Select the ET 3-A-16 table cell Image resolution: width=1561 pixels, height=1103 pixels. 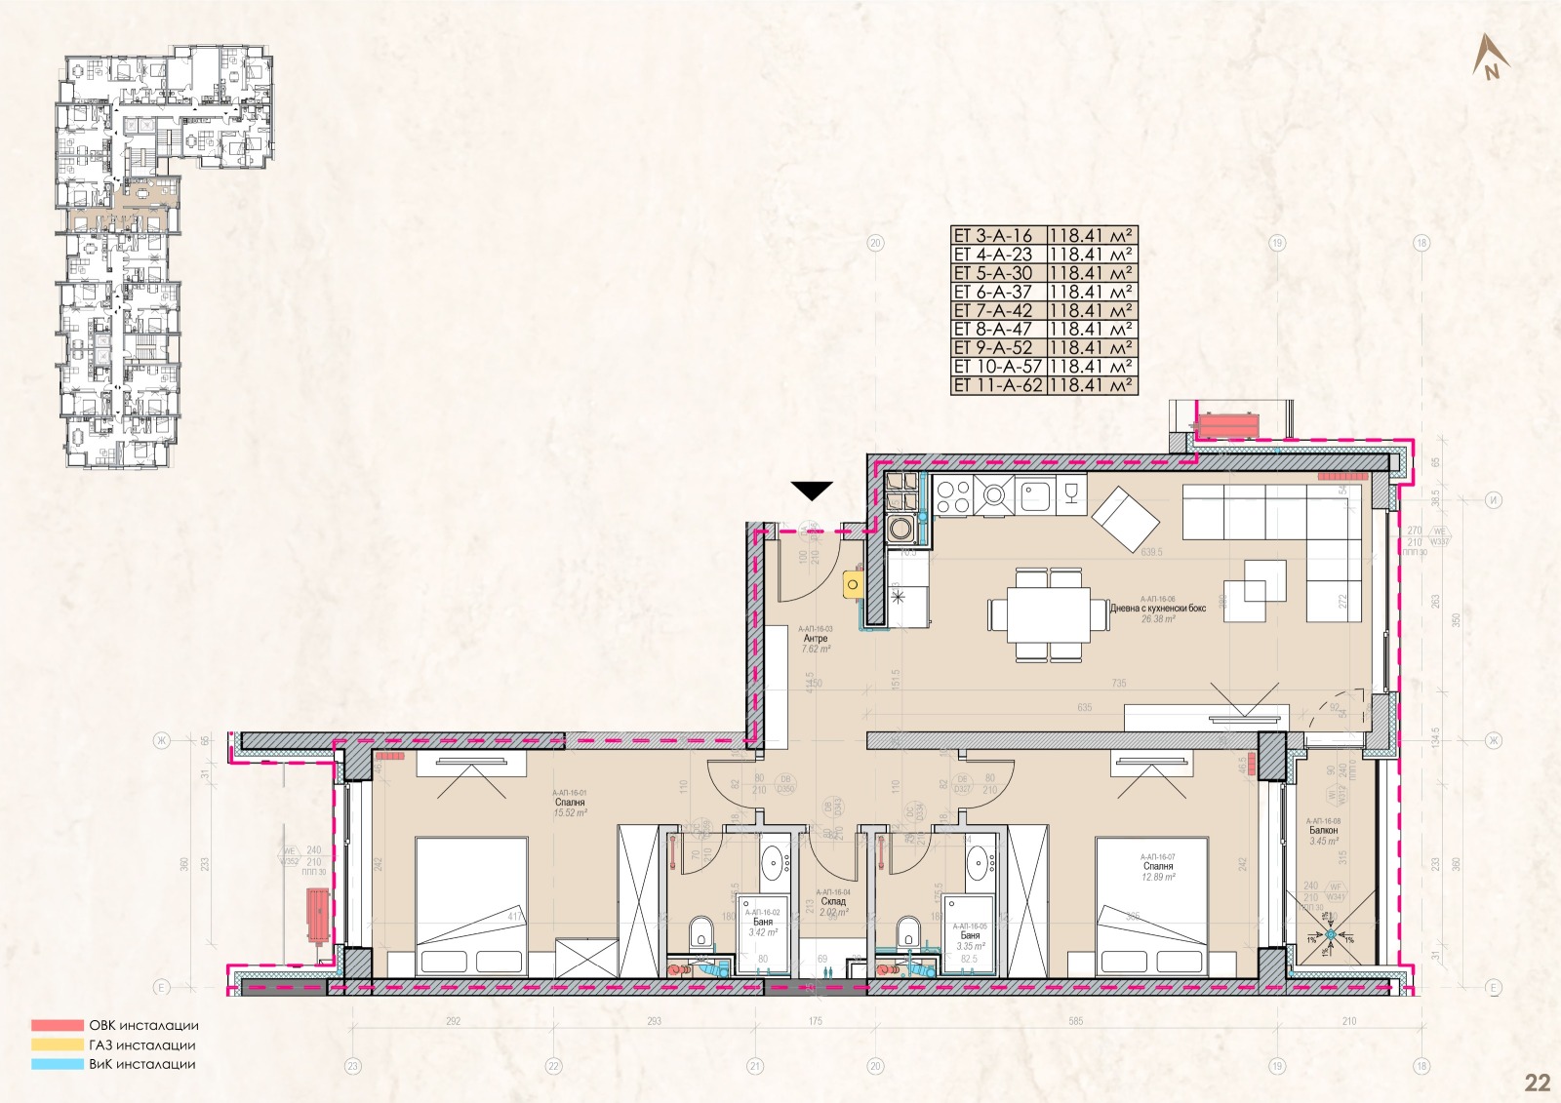point(998,236)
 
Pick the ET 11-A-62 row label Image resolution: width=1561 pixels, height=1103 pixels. point(998,385)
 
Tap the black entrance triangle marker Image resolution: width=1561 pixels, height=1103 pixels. point(811,491)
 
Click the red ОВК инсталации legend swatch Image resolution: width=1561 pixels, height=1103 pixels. point(57,1026)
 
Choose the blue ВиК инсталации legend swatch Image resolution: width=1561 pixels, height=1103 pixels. point(57,1065)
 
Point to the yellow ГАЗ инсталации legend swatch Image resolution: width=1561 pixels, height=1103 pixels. point(57,1045)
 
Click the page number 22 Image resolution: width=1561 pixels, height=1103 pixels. point(1537,1083)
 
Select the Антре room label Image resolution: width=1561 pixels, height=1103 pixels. point(815,639)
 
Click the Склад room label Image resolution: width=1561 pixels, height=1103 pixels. point(832,902)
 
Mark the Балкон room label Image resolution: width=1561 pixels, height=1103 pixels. point(1324,831)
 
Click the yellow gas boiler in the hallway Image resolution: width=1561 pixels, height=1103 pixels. point(853,584)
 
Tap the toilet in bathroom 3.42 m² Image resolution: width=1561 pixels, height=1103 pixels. point(700,932)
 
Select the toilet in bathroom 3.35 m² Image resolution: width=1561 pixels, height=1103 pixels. point(907,932)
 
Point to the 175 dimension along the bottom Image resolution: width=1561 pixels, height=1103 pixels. point(815,1022)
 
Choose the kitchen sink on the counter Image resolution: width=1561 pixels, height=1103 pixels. point(1035,497)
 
